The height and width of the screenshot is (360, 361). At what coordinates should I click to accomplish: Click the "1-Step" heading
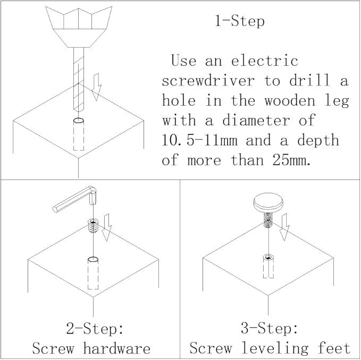(240, 21)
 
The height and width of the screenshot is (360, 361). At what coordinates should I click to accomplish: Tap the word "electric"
(265, 61)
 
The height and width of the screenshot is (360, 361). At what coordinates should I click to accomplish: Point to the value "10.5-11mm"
(199, 140)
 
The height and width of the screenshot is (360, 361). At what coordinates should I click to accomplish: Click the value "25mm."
(291, 160)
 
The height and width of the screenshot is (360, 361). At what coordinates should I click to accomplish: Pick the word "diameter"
(256, 120)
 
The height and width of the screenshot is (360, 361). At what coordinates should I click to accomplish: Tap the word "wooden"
(290, 100)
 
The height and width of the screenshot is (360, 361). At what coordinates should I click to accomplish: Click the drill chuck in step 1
(79, 27)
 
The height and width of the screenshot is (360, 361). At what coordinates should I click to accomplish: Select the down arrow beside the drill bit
(97, 87)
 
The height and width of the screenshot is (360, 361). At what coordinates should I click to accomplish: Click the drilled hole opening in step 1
(79, 121)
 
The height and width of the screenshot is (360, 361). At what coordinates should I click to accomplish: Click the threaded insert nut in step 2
(94, 226)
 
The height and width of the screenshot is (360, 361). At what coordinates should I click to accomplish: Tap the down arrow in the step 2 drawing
(107, 227)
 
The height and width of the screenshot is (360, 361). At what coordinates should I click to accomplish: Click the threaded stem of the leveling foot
(268, 220)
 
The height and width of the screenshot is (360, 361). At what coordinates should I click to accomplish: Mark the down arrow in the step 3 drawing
(284, 227)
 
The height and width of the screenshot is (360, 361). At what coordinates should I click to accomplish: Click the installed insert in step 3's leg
(268, 266)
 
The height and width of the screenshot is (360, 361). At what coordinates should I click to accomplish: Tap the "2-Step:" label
(95, 328)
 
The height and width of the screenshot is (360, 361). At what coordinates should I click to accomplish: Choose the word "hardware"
(117, 348)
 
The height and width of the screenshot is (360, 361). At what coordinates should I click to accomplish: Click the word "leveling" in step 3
(275, 348)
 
